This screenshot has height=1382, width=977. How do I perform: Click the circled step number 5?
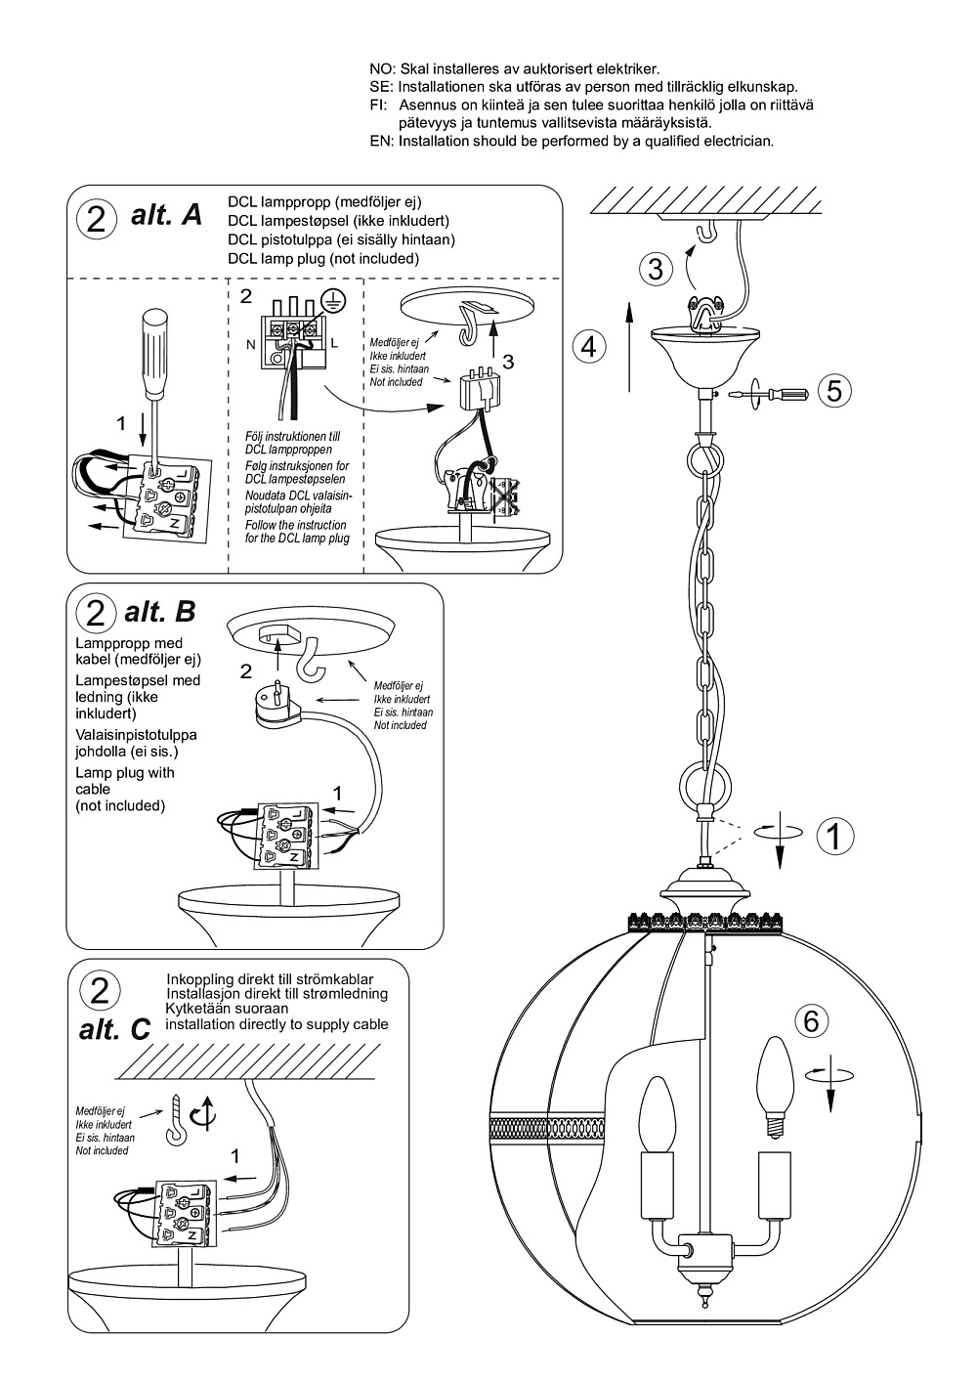click(833, 390)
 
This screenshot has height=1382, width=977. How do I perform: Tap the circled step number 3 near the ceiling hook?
click(656, 267)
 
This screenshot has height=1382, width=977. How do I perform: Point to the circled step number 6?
click(811, 1020)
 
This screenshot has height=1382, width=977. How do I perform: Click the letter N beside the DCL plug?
click(250, 345)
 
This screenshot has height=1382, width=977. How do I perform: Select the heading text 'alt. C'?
click(114, 1029)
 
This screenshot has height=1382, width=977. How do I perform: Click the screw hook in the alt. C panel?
click(179, 1118)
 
